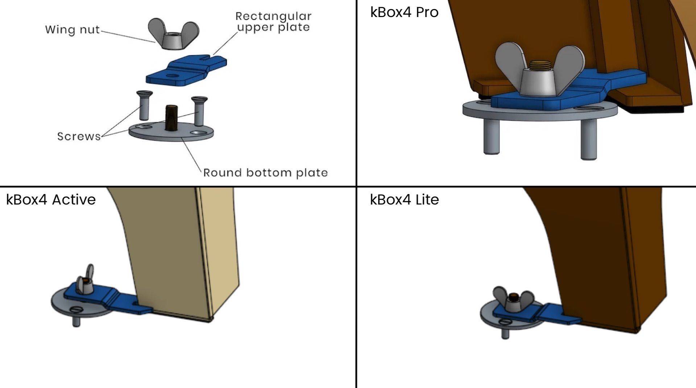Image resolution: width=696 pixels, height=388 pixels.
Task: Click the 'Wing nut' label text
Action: pos(72,29)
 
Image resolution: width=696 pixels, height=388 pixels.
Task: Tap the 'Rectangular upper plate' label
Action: pos(273,22)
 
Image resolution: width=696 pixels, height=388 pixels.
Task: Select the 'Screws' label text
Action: pos(79,136)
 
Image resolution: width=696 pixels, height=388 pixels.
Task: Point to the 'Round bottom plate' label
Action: pos(265,173)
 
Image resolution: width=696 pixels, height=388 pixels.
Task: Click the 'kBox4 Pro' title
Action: pos(404,12)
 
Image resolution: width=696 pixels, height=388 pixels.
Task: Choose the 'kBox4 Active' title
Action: pos(51,199)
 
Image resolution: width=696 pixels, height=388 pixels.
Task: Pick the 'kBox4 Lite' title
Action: pos(404,199)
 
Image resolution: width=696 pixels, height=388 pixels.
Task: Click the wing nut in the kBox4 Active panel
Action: pos(85,281)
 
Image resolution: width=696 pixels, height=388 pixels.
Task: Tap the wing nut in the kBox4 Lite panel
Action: pos(512,300)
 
